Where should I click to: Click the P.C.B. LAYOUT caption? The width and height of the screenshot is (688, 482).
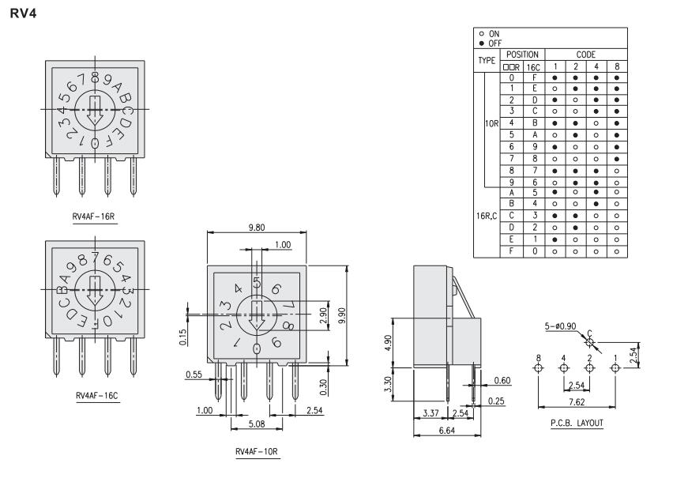tap(577, 423)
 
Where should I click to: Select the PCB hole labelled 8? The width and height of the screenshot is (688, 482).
tap(538, 368)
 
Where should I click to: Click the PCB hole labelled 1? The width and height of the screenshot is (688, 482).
tap(615, 368)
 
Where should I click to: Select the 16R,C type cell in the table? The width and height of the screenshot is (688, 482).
tap(487, 213)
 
